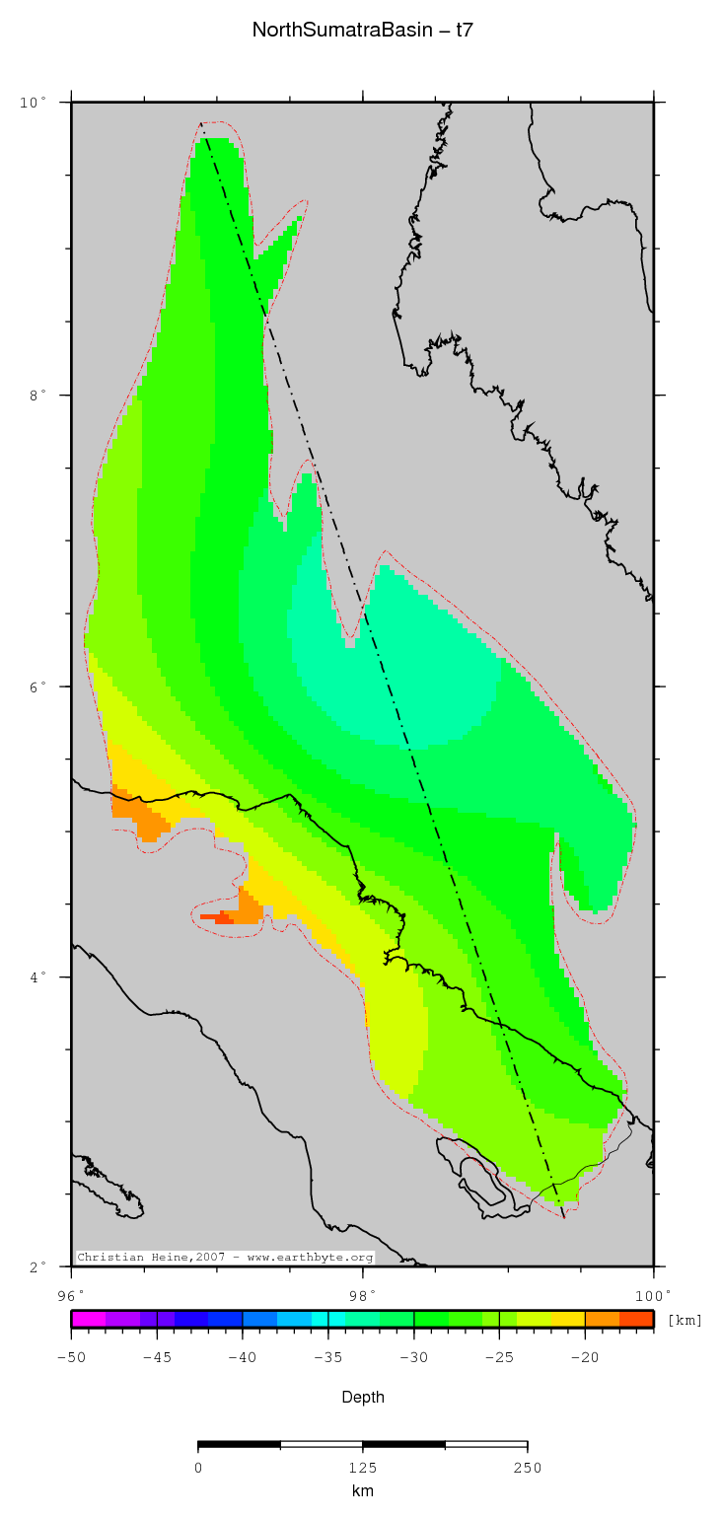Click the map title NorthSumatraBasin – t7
click(362, 31)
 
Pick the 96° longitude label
click(71, 1294)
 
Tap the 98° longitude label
click(362, 1294)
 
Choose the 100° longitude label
click(653, 1294)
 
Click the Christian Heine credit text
click(225, 1258)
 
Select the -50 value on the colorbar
click(71, 1357)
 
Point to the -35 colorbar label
click(327, 1357)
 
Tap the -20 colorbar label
click(584, 1357)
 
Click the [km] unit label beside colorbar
click(685, 1320)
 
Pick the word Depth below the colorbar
click(362, 1397)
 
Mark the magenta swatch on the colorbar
click(88, 1319)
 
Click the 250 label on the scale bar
click(527, 1468)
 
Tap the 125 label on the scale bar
click(362, 1468)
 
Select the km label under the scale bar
click(362, 1491)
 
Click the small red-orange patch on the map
click(216, 917)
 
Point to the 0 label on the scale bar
click(198, 1468)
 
